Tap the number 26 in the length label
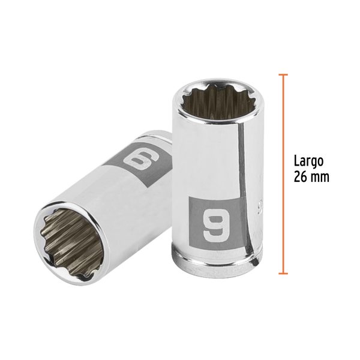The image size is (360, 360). click(300, 178)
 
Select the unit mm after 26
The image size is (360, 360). click(320, 178)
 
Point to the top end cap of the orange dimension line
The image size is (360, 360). click(283, 74)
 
